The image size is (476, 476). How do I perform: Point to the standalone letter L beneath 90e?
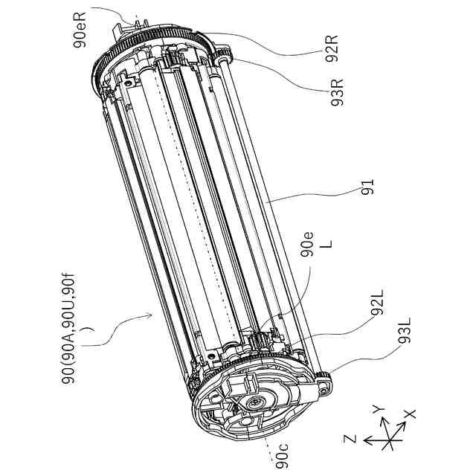point(327,244)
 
